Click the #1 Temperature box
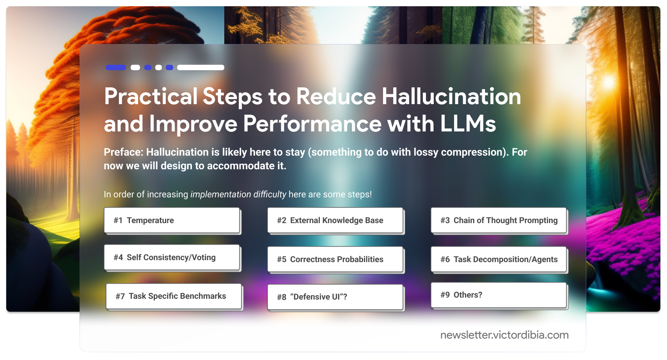pos(172,220)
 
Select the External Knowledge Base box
pos(335,220)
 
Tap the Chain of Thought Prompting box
pos(498,220)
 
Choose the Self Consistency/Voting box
pos(172,257)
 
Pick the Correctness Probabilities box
pos(335,259)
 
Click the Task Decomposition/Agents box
pos(498,259)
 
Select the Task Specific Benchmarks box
pos(174,296)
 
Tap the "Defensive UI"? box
pos(335,297)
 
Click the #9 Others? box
pos(498,295)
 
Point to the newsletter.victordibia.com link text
pos(504,335)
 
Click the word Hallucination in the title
pos(451,96)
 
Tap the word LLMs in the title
pos(468,124)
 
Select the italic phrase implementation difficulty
pos(238,194)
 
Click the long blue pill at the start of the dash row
pos(116,67)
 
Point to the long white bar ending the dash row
pos(200,67)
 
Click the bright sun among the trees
pos(608,82)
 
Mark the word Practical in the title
pos(151,96)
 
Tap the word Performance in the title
pos(312,124)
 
